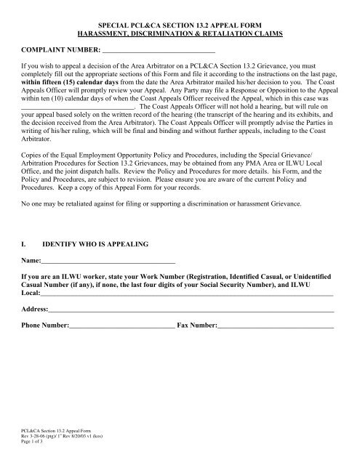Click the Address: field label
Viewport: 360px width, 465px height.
[x=36, y=311]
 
